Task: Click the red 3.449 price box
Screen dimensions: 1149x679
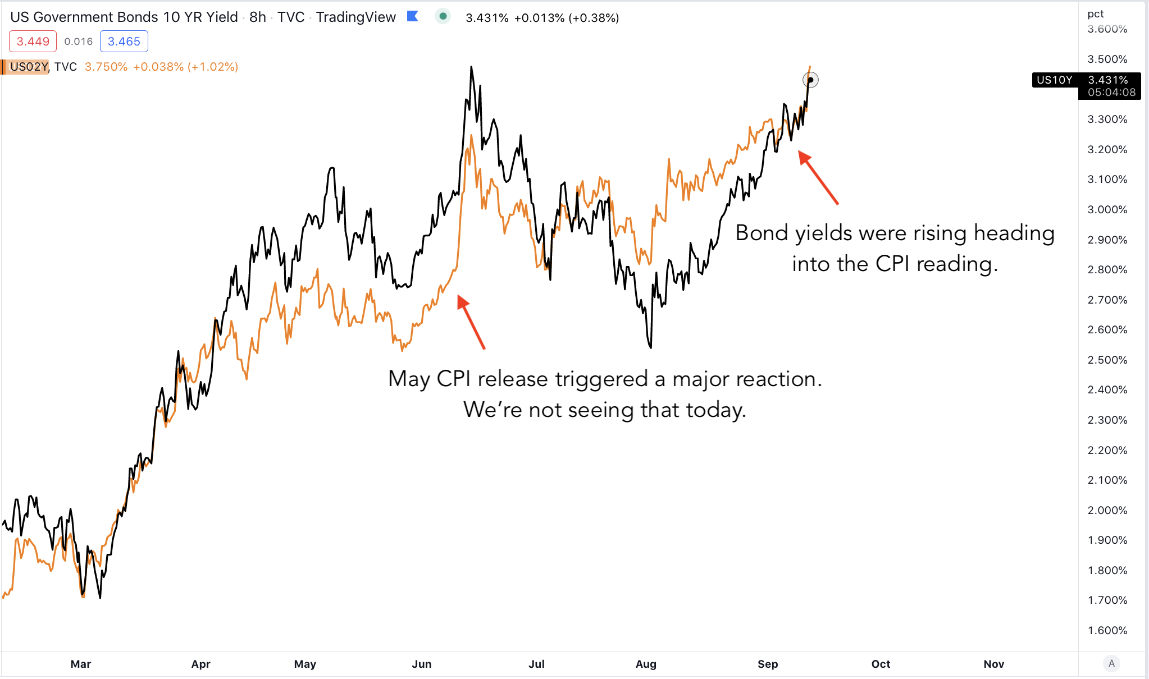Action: [x=33, y=42]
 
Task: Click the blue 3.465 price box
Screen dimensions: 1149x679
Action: [x=124, y=42]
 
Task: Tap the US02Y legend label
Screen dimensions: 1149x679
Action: [x=29, y=67]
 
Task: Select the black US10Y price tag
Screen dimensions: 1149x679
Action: [x=1086, y=86]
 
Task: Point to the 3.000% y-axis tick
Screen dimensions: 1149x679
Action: [x=1107, y=209]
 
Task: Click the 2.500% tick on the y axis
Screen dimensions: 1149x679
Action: [x=1107, y=360]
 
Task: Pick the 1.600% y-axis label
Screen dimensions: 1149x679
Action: [x=1107, y=630]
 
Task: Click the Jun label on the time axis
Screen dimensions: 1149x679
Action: [x=421, y=664]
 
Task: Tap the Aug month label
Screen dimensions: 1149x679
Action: [x=646, y=664]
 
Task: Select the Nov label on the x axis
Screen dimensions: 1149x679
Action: [x=993, y=664]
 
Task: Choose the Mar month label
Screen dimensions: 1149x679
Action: [x=81, y=664]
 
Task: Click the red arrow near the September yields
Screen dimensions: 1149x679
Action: [x=818, y=177]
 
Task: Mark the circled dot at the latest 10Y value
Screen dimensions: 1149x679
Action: [x=810, y=80]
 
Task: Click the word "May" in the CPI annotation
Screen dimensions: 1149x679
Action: [x=409, y=380]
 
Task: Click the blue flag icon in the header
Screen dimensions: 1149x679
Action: [x=413, y=17]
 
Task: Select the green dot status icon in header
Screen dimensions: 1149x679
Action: [x=443, y=17]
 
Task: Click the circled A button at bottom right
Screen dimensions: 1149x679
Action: [x=1111, y=664]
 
